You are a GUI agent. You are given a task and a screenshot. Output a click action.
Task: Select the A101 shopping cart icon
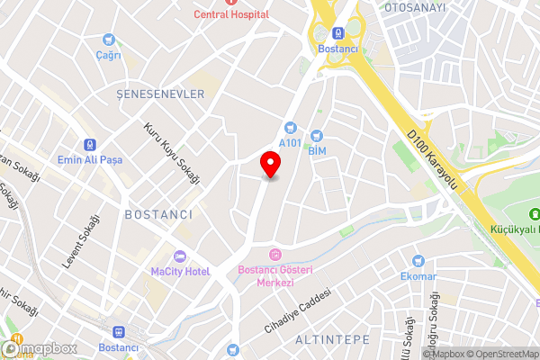(x=290, y=129)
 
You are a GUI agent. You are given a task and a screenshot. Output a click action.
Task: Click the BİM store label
(x=317, y=151)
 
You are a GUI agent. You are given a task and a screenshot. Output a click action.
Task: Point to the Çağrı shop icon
(x=109, y=40)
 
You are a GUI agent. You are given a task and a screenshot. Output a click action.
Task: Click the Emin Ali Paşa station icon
(x=89, y=144)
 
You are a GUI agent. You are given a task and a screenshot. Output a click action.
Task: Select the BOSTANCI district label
(x=158, y=214)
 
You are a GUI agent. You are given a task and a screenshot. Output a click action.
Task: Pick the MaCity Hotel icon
(x=180, y=256)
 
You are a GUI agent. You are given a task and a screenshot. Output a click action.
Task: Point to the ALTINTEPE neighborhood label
(x=332, y=339)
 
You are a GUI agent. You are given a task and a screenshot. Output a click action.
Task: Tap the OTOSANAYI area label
(x=415, y=7)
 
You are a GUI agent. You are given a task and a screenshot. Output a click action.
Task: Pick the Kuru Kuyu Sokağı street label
(x=172, y=154)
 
